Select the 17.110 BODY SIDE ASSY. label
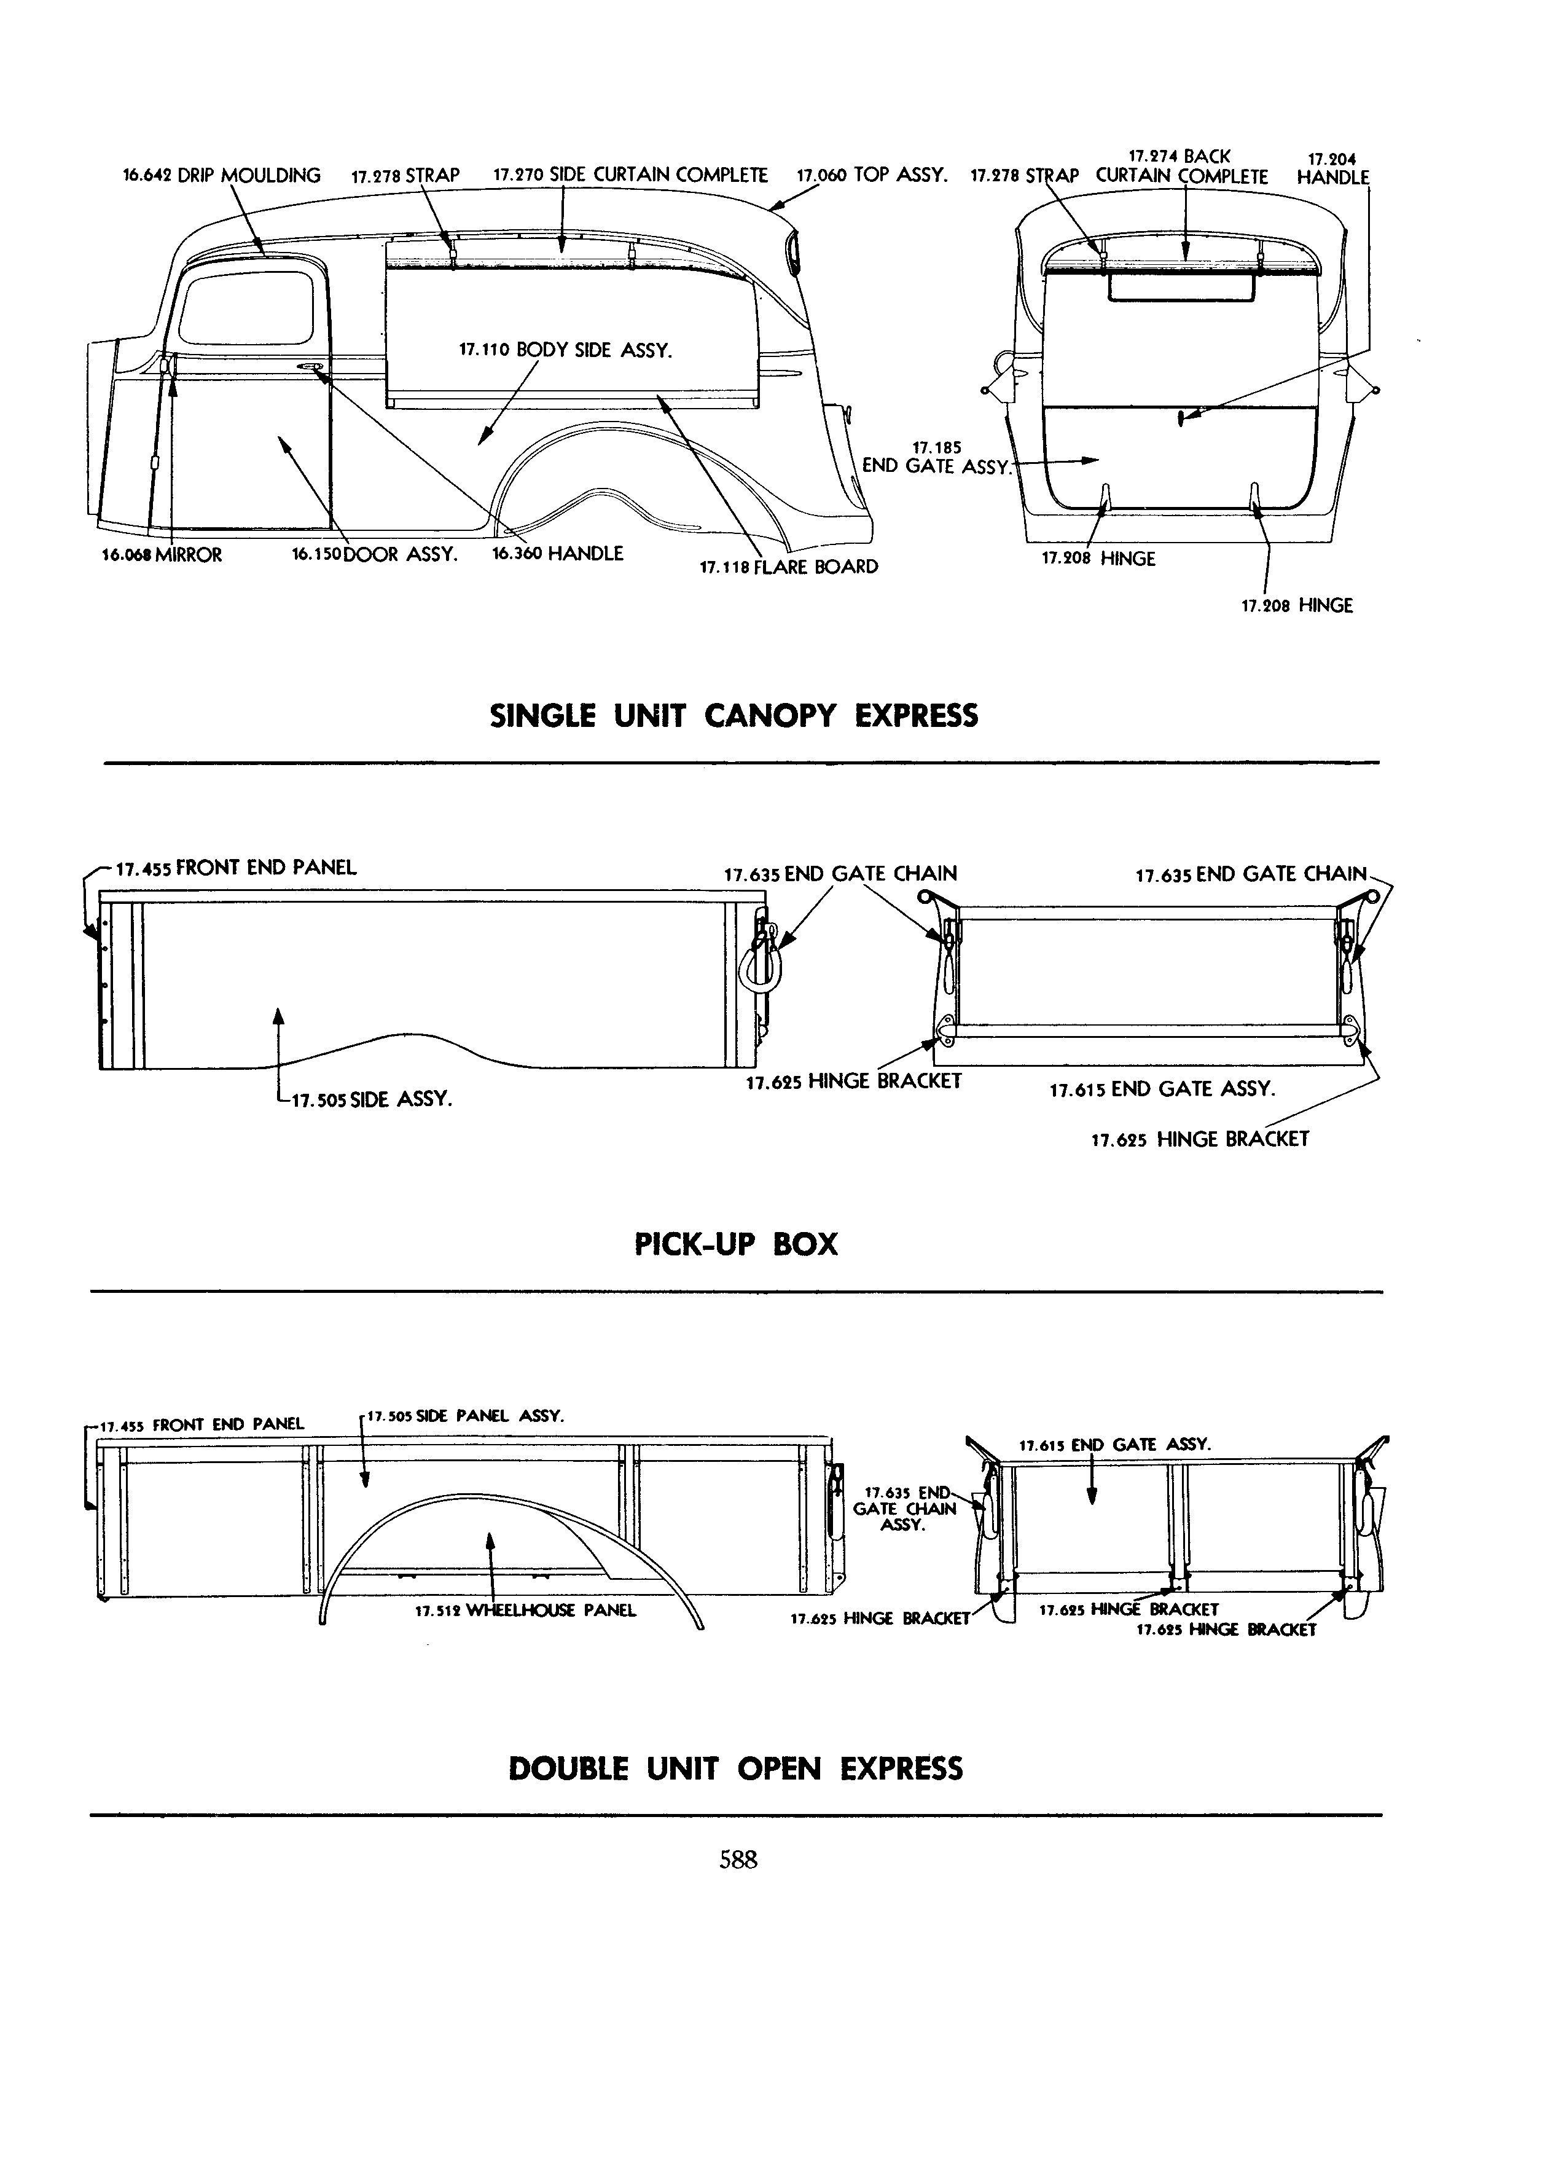click(x=565, y=350)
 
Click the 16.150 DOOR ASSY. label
click(x=375, y=554)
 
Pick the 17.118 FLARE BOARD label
click(x=788, y=567)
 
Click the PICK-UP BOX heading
click(x=736, y=1244)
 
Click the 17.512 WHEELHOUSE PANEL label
click(x=525, y=1611)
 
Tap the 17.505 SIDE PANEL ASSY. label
click(x=465, y=1416)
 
